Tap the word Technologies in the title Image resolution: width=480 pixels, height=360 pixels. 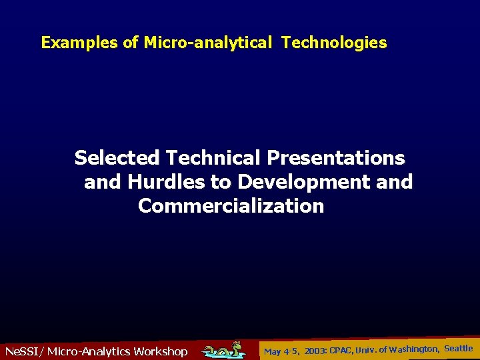[x=333, y=43]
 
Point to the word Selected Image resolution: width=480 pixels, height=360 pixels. [x=117, y=158]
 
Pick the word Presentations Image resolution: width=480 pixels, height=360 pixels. [x=335, y=158]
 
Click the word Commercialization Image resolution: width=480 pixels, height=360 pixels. [x=231, y=206]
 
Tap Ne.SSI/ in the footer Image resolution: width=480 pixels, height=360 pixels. [x=23, y=351]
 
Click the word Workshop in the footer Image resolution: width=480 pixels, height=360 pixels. [x=160, y=351]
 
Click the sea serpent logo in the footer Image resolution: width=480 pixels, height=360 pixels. [x=224, y=349]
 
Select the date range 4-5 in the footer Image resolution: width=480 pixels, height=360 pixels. [x=291, y=351]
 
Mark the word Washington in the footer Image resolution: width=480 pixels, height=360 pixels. [x=413, y=349]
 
